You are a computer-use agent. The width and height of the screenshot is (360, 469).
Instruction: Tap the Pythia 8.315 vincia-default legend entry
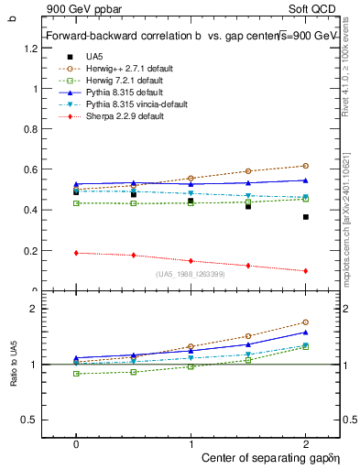click(x=123, y=105)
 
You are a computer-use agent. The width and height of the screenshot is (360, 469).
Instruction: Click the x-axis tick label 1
click(x=191, y=444)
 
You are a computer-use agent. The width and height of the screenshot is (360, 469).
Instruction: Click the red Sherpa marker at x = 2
click(x=305, y=270)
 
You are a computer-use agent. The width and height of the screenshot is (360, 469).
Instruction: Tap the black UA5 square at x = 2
click(x=305, y=217)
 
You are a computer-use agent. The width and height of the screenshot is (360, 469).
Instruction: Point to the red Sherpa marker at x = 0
click(x=76, y=253)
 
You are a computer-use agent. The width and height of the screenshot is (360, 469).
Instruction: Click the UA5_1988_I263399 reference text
click(x=190, y=275)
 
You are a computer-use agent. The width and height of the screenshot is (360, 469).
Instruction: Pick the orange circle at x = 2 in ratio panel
click(x=305, y=322)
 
